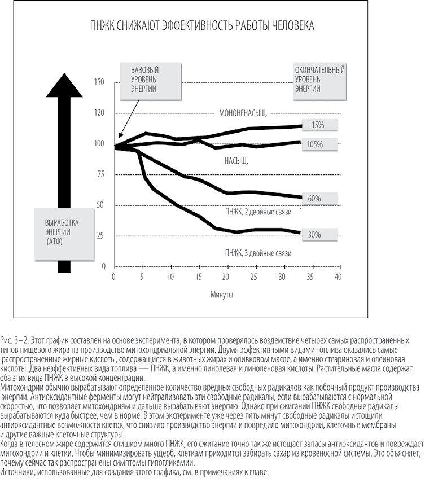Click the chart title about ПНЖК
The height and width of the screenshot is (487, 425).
[x=203, y=27]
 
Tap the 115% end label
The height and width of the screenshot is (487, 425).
[x=316, y=124]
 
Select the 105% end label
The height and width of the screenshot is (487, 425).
[x=316, y=144]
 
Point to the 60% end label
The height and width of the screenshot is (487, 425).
[x=315, y=199]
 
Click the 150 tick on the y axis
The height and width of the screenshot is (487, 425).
[x=100, y=82]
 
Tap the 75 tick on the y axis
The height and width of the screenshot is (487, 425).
[x=102, y=174]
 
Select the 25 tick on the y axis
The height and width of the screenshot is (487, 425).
[x=102, y=235]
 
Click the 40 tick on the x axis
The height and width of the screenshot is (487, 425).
[x=338, y=277]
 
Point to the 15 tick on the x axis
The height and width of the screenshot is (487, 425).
[x=198, y=277]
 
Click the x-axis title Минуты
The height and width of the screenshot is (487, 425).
[x=222, y=295]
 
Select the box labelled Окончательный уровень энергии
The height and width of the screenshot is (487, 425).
[x=320, y=80]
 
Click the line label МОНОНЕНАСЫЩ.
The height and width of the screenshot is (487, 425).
[x=243, y=113]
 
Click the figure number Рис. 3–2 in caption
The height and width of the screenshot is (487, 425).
[x=14, y=341]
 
